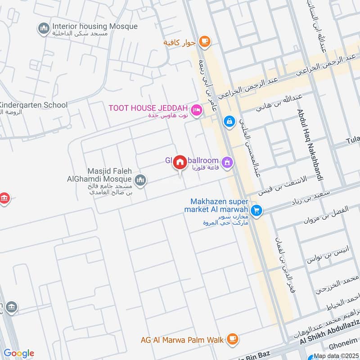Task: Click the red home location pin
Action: (x=180, y=162)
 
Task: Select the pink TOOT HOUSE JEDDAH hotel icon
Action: (x=196, y=110)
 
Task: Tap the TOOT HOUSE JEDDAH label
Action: (x=148, y=108)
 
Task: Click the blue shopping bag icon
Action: (x=229, y=121)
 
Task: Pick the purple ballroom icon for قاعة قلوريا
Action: (x=228, y=161)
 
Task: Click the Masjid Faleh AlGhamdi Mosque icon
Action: (x=141, y=180)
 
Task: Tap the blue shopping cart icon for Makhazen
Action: (x=256, y=210)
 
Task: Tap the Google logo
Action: (x=18, y=353)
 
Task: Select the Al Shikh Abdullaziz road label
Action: (x=329, y=337)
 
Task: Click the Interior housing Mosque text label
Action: (x=94, y=26)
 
